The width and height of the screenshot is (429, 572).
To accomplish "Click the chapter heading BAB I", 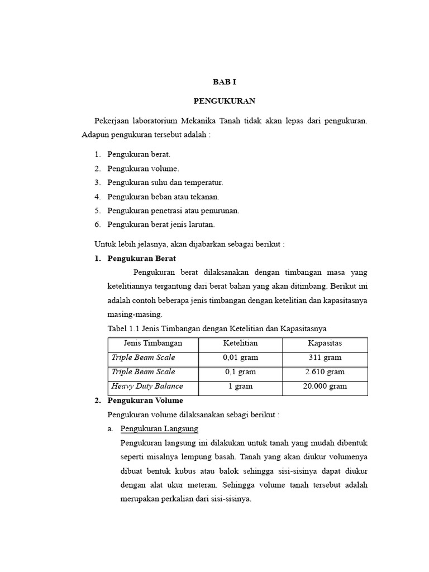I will coord(225,82).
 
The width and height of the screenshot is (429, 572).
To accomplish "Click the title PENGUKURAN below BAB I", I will coord(225,101).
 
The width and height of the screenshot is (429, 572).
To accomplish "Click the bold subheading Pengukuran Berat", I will coord(141,259).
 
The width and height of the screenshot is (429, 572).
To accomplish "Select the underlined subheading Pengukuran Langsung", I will coord(159,428).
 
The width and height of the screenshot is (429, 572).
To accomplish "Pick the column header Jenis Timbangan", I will coord(152,343).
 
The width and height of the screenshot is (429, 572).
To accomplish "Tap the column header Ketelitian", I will coord(240,343).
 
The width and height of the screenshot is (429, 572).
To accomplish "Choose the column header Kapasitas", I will coord(325,343).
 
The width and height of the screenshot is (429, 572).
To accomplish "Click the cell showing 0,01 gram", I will coord(240,357).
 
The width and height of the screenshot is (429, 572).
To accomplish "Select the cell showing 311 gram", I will coord(325,357).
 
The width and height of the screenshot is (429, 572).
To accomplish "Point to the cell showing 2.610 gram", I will coord(325,372).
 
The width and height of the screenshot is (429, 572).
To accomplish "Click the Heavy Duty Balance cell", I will coord(147,387).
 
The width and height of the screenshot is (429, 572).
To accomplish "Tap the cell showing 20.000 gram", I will coord(325,387).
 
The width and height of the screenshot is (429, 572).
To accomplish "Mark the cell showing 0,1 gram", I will coord(240,372).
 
